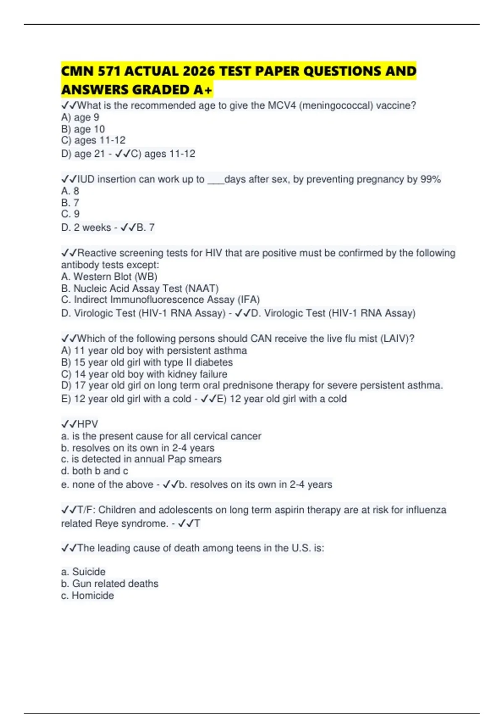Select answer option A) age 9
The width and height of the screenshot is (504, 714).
pyautogui.click(x=80, y=117)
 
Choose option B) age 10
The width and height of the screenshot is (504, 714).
pyautogui.click(x=83, y=129)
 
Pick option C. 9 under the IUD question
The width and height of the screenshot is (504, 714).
pyautogui.click(x=70, y=214)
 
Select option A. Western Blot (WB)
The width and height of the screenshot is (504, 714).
pyautogui.click(x=109, y=276)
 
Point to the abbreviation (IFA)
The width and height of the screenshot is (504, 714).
pyautogui.click(x=249, y=299)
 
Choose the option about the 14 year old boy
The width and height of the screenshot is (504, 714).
pyautogui.click(x=144, y=374)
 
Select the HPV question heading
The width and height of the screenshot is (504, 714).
pyautogui.click(x=80, y=424)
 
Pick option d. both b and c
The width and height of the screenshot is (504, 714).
pyautogui.click(x=94, y=471)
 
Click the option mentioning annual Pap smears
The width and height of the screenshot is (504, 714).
pyautogui.click(x=141, y=459)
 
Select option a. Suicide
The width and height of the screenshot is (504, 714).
pyautogui.click(x=83, y=572)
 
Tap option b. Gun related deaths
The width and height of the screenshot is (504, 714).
pyautogui.click(x=110, y=583)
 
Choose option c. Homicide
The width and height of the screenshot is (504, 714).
pyautogui.click(x=87, y=595)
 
